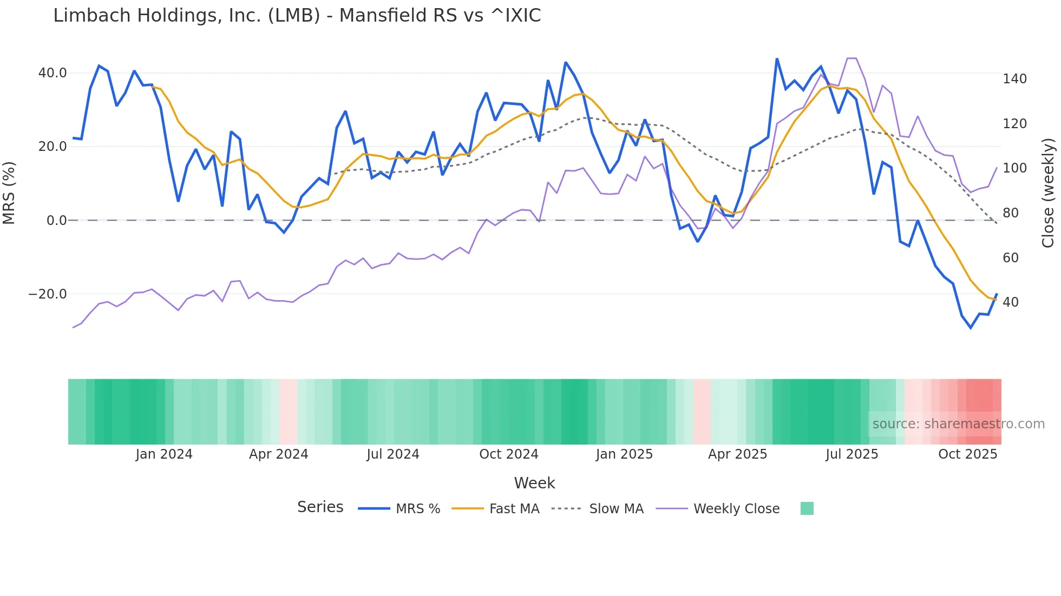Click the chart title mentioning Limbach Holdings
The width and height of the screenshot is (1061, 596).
[x=297, y=16]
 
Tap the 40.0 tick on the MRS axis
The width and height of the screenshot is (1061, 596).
[x=53, y=73]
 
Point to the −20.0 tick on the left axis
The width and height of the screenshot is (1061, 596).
[x=48, y=294]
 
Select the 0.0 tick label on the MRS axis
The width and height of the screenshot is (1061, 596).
[x=56, y=221]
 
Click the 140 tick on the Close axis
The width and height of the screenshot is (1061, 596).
[x=1014, y=79]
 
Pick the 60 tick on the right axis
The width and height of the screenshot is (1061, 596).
[x=1010, y=258]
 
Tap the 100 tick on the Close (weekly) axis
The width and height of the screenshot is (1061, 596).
[x=1014, y=168]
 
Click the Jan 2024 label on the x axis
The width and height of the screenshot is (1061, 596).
[x=164, y=454]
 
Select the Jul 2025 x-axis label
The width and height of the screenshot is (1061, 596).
[x=852, y=454]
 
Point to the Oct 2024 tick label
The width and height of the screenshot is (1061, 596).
[x=509, y=454]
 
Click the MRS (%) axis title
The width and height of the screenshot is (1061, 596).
[x=9, y=193]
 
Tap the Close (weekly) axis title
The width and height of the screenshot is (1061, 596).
[x=1048, y=193]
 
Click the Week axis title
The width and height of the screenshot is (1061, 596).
[x=534, y=483]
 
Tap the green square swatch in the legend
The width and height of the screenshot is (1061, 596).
[x=807, y=508]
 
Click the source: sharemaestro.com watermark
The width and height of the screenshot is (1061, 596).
[x=958, y=424]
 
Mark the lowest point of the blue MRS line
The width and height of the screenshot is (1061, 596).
[x=971, y=328]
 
